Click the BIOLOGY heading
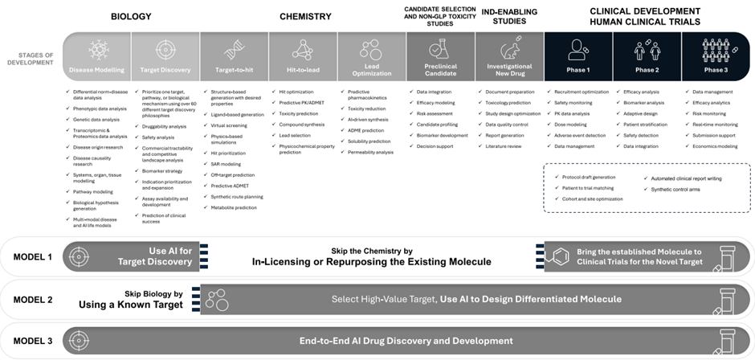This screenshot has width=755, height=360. coord(131,17)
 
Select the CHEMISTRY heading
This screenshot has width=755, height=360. coord(305,17)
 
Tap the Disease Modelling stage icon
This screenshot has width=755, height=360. coord(97,48)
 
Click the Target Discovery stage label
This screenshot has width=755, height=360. coord(165,70)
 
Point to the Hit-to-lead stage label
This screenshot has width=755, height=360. coord(303,70)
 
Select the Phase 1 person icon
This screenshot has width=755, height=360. coord(578,50)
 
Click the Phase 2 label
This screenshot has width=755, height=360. coord(647,70)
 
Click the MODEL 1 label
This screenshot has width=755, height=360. coord(33,257)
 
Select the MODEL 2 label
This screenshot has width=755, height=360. coord(33,300)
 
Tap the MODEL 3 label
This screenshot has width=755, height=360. coord(33,341)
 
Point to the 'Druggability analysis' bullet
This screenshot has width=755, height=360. coord(165,126)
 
